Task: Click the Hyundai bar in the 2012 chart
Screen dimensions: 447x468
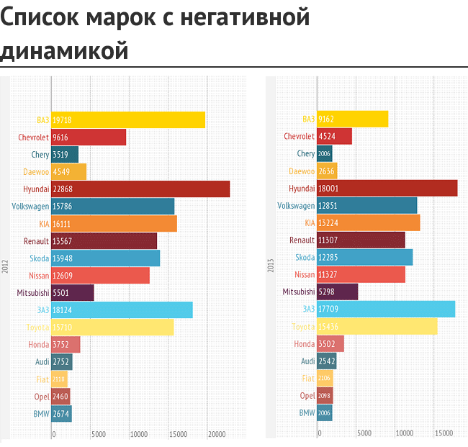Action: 140,189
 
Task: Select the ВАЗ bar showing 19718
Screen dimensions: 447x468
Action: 128,120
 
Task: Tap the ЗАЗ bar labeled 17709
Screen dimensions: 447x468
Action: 386,310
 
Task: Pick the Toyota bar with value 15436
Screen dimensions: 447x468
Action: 377,327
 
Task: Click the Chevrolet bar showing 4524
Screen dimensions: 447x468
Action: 334,137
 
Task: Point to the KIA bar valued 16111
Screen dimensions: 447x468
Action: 114,224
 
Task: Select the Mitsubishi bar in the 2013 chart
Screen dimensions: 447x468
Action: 337,292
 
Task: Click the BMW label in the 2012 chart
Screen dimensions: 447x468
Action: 41,414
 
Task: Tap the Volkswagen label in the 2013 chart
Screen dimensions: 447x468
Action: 296,206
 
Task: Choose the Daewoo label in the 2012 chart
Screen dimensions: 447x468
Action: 36,172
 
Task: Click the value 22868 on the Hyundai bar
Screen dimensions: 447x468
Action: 63,189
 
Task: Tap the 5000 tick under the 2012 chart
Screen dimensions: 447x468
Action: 99,434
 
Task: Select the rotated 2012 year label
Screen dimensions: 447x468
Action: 4,266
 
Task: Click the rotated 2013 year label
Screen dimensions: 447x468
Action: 270,266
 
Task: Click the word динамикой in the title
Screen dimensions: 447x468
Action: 64,50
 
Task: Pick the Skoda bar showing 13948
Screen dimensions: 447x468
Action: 106,258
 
